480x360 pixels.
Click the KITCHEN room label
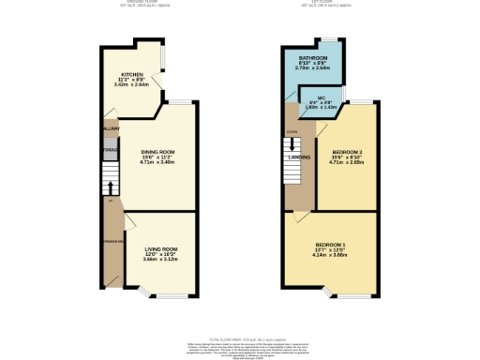click(x=131, y=74)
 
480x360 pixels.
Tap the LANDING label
click(x=300, y=157)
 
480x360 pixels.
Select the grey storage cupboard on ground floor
click(x=107, y=150)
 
